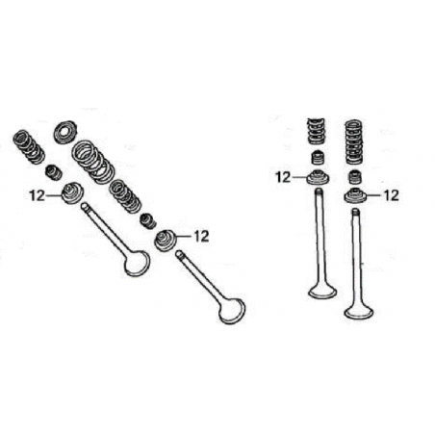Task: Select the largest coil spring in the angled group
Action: coord(93,163)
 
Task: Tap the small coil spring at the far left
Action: coord(29,146)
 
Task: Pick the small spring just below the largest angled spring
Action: coord(125,196)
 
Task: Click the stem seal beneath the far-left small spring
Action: coord(54,172)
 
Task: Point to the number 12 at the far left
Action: coord(38,195)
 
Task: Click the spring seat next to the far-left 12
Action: coord(72,192)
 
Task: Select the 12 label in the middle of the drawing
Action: coord(201,237)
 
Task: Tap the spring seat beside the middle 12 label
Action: coord(166,241)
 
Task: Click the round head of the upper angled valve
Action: coord(138,264)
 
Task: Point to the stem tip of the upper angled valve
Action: coord(84,206)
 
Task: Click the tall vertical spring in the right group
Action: coord(354,142)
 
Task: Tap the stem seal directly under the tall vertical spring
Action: coord(354,177)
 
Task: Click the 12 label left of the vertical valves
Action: coord(283,177)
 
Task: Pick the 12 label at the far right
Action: coord(391,195)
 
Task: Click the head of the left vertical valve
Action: coord(322,292)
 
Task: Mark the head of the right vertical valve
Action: coord(359,312)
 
